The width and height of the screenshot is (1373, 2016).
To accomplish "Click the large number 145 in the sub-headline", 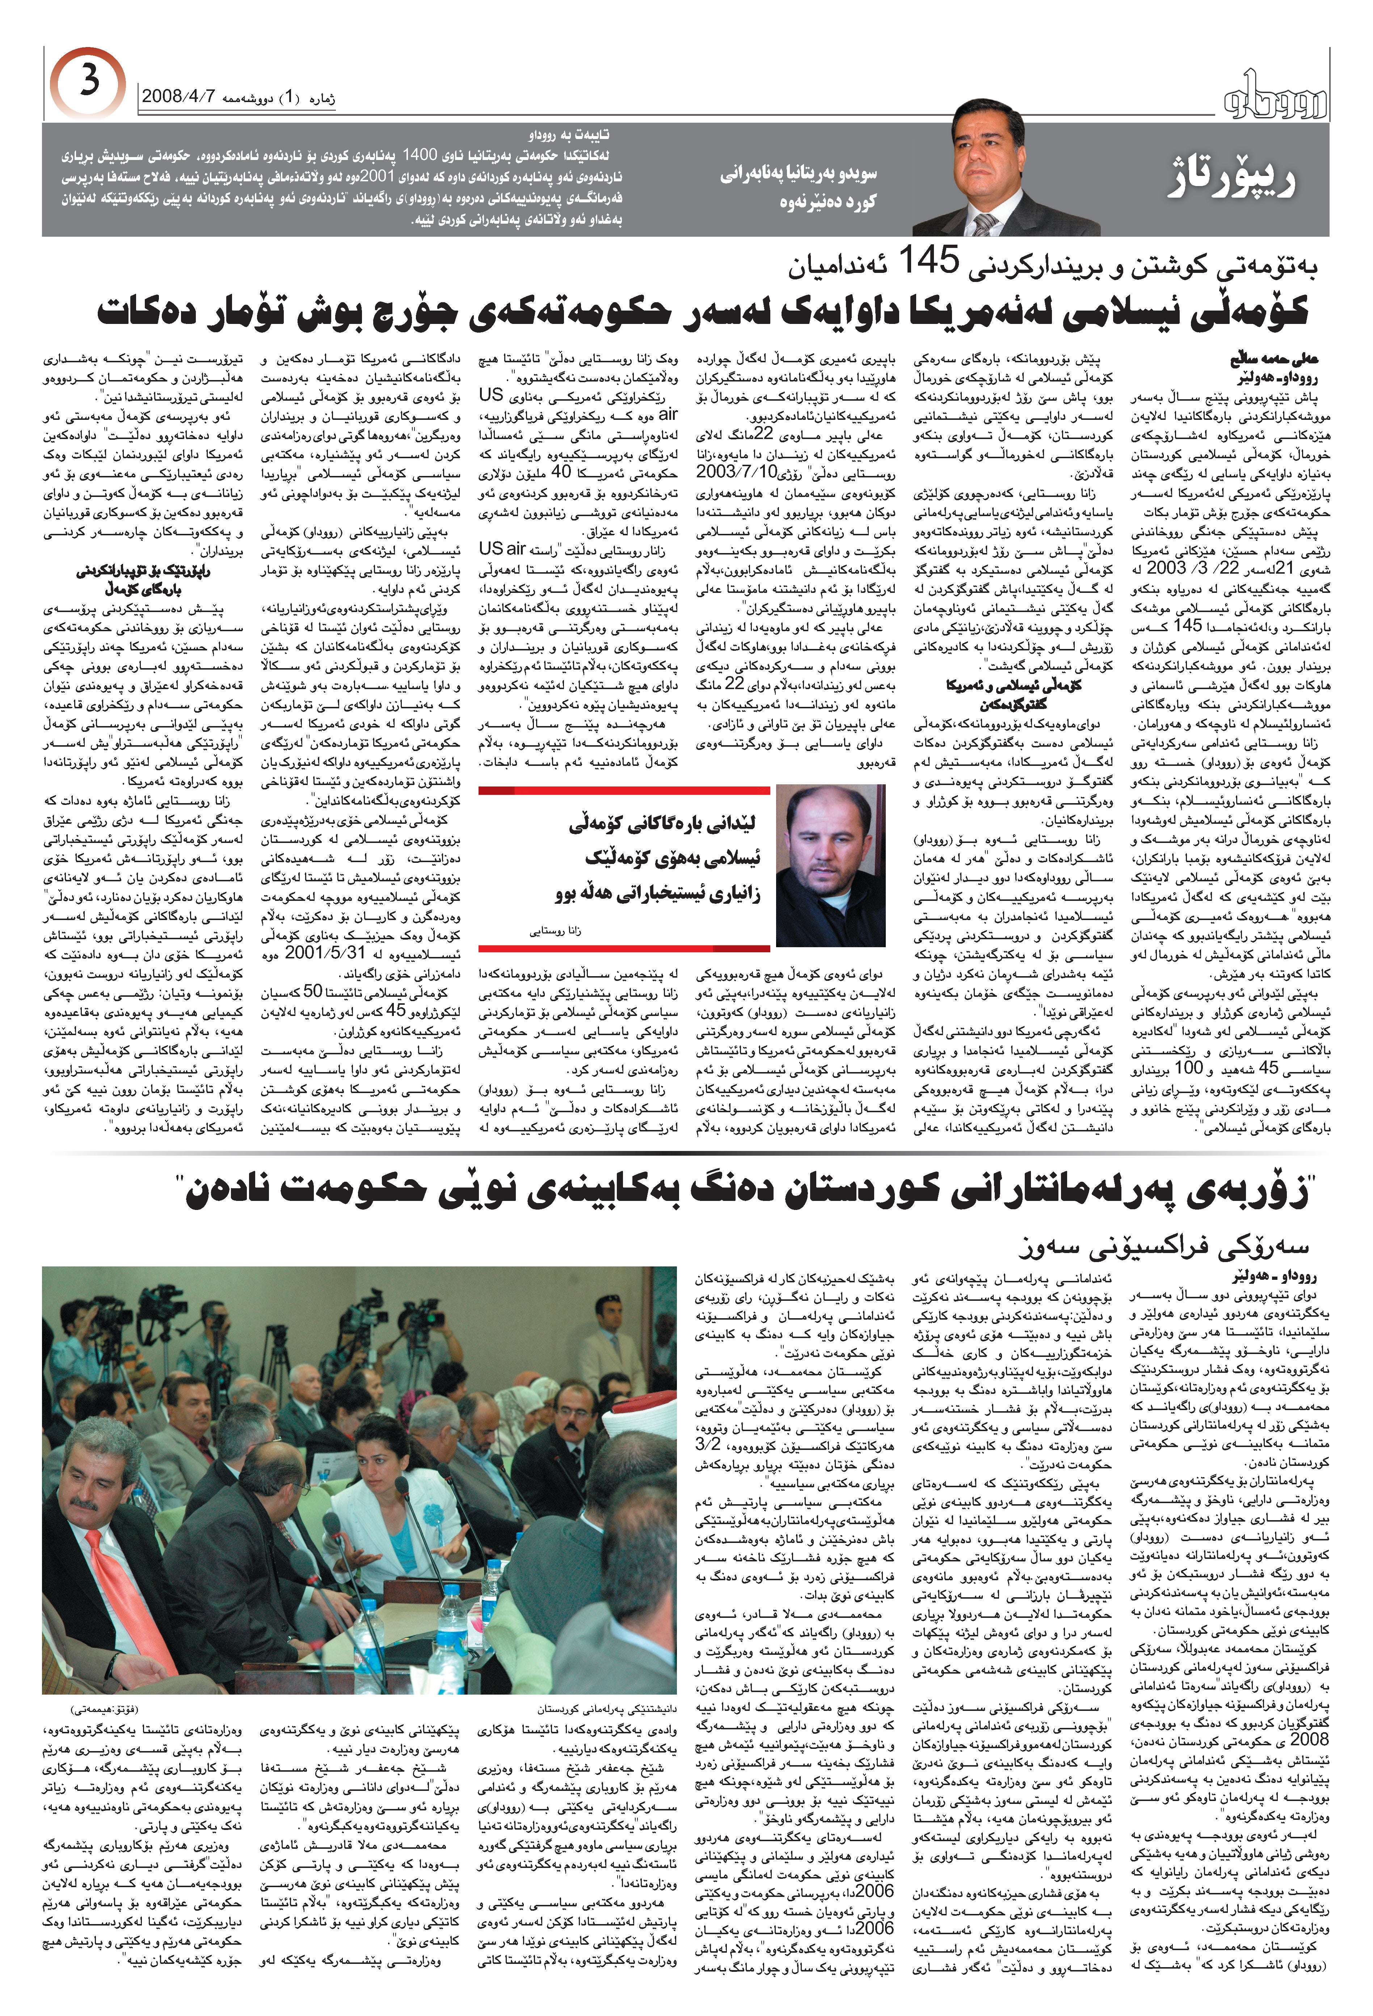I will [929, 260].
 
